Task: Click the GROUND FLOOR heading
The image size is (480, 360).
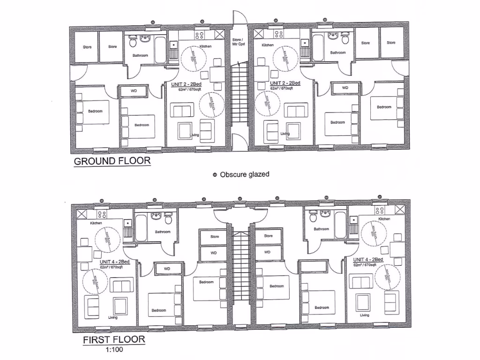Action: pos(112,161)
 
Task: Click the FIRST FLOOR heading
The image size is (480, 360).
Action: pos(114,339)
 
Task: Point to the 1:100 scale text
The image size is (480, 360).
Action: pos(114,349)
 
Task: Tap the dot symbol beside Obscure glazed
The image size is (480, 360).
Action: pos(215,174)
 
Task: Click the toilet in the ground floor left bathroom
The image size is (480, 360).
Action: pos(133,43)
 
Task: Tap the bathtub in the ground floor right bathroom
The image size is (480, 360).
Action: pos(318,47)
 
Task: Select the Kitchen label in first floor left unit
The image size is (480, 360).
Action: pos(96,223)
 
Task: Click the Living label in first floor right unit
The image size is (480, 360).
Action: pos(364,315)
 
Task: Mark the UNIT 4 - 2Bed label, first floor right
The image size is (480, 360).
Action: pos(368,259)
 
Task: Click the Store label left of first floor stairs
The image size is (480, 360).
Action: pos(215,236)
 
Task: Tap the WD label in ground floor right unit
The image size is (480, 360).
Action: pos(345,88)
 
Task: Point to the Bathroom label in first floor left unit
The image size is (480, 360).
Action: pos(163,232)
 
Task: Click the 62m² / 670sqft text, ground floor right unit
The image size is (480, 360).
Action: pos(282,88)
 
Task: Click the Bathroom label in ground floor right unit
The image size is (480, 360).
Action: pos(337,52)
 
